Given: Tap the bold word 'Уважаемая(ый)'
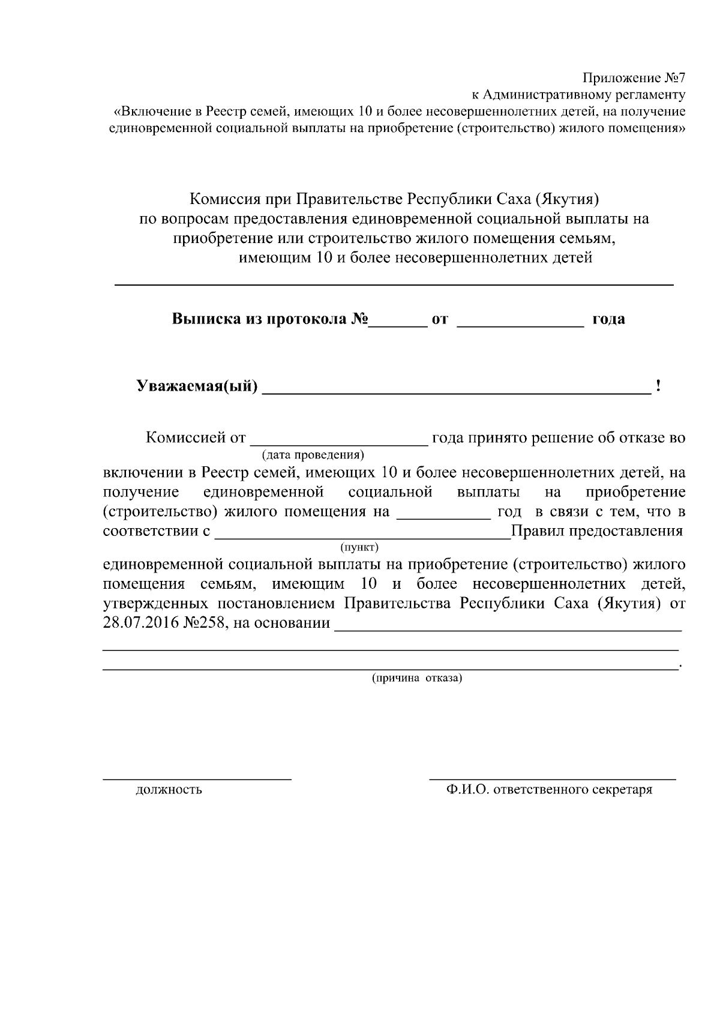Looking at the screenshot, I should click(197, 386).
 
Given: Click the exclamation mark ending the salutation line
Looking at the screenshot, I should click(659, 386).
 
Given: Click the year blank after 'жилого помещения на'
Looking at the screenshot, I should click(443, 516).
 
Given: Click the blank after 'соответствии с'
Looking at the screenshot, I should click(362, 535).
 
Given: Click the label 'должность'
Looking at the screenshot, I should click(169, 790).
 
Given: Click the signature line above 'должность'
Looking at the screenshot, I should click(197, 779).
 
